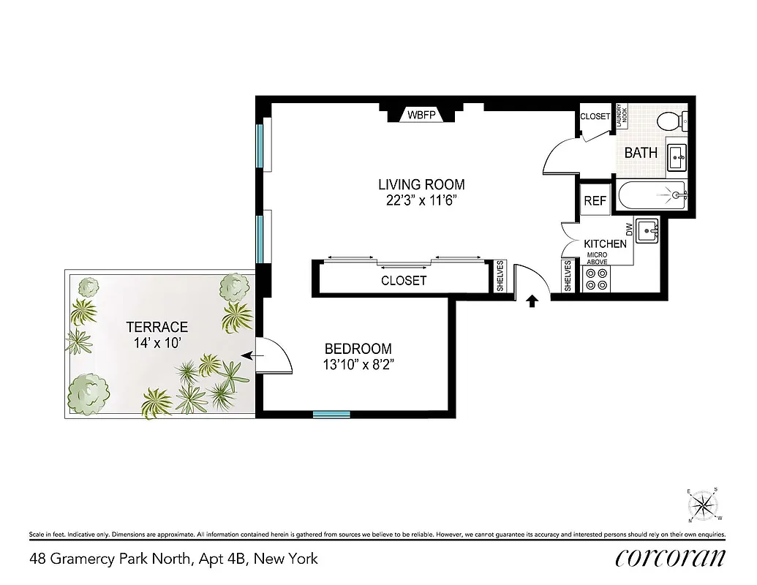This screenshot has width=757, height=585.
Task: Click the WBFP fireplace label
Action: [x=421, y=115]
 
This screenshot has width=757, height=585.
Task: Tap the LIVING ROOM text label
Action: [x=421, y=184]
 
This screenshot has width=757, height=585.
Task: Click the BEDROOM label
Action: [x=358, y=349]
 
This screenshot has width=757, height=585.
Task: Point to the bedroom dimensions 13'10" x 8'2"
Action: [x=358, y=364]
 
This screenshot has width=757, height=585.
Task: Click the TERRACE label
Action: [x=157, y=327]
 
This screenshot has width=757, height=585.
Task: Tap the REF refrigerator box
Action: [x=595, y=201]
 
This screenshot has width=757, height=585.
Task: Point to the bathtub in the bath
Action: [x=651, y=195]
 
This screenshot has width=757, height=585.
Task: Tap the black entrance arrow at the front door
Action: [x=532, y=300]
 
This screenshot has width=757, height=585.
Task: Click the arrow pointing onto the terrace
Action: [x=249, y=355]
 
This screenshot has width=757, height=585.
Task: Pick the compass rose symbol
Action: [x=704, y=503]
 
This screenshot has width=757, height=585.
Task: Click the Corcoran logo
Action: [x=670, y=558]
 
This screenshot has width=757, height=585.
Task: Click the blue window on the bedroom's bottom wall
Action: [x=331, y=415]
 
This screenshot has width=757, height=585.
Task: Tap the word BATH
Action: [x=640, y=153]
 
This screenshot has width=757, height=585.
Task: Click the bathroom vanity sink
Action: [x=677, y=154]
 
